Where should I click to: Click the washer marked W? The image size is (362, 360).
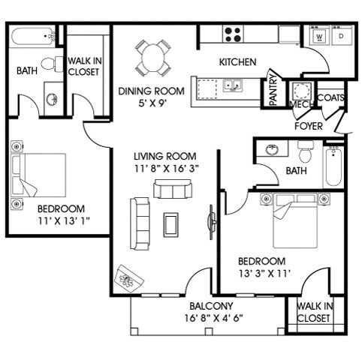pyautogui.click(x=319, y=35)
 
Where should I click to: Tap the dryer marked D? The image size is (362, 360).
pyautogui.click(x=342, y=35)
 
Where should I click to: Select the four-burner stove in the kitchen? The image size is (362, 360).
pyautogui.click(x=233, y=34)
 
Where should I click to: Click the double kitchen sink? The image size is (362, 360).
pyautogui.click(x=232, y=85)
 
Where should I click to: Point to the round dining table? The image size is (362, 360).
pyautogui.click(x=153, y=58)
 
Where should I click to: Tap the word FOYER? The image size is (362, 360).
pyautogui.click(x=309, y=126)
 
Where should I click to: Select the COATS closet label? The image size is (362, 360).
pyautogui.click(x=330, y=97)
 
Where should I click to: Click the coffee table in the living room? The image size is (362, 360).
pyautogui.click(x=171, y=225)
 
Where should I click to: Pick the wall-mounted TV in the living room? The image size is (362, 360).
pyautogui.click(x=212, y=222)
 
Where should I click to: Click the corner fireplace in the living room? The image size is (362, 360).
pyautogui.click(x=128, y=279)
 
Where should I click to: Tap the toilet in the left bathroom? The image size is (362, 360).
pyautogui.click(x=52, y=64)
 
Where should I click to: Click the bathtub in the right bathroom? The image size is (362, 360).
pyautogui.click(x=333, y=166)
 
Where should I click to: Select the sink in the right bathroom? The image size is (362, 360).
pyautogui.click(x=272, y=149)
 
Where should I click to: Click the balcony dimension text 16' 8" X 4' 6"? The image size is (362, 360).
pyautogui.click(x=214, y=318)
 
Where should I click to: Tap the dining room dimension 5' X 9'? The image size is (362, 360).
pyautogui.click(x=152, y=103)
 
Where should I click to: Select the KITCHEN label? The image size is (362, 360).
pyautogui.click(x=238, y=62)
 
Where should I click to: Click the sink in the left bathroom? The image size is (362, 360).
pyautogui.click(x=52, y=100)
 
